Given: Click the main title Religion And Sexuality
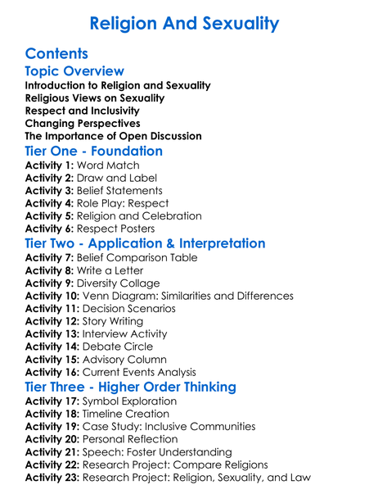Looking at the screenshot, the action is (184, 24).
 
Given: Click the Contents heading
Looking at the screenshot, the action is (61, 56).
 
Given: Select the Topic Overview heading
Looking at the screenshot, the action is (74, 72).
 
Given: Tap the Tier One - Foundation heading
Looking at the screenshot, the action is (94, 152).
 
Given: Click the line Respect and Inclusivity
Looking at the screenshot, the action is (83, 111).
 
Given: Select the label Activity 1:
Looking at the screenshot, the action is (49, 165).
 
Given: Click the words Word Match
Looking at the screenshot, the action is (108, 165).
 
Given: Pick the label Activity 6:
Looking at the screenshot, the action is (49, 229).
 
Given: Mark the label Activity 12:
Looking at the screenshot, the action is (52, 321).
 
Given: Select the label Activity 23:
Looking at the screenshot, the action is (52, 478).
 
